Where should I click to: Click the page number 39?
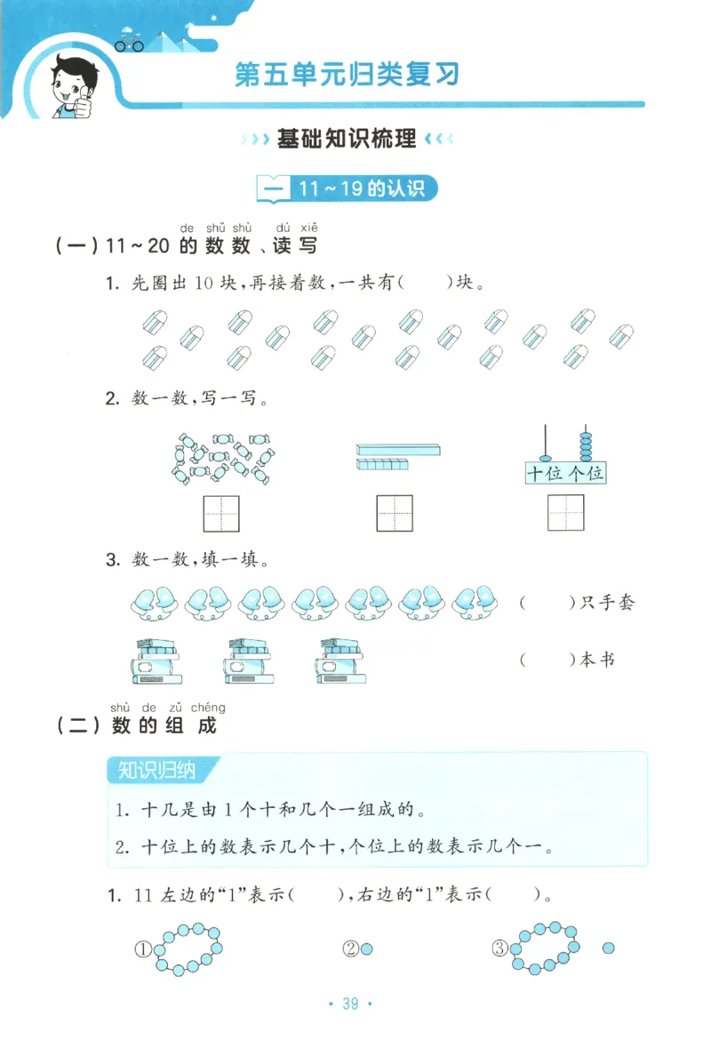pyautogui.click(x=349, y=1004)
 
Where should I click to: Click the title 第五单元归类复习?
pyautogui.click(x=347, y=74)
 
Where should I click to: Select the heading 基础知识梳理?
pyautogui.click(x=347, y=139)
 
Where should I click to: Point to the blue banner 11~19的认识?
pyautogui.click(x=347, y=188)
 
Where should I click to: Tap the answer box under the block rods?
pyautogui.click(x=394, y=514)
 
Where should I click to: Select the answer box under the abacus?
pyautogui.click(x=565, y=514)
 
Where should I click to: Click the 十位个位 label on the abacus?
pyautogui.click(x=565, y=473)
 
